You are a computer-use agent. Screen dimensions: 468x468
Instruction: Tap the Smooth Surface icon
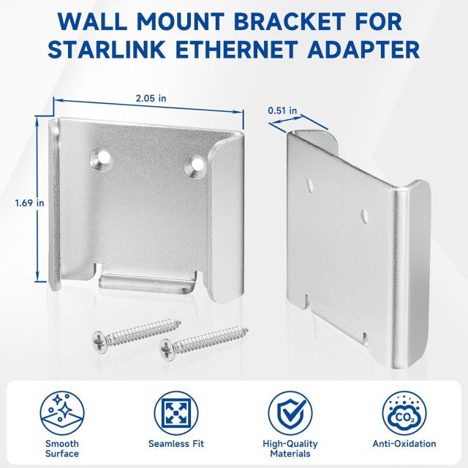pos(60,411)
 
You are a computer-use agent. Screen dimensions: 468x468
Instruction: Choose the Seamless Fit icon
pos(175,411)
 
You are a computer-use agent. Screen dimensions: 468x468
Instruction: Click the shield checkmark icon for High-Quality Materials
pos(291,411)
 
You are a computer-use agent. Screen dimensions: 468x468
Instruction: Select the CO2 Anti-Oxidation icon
pos(406,411)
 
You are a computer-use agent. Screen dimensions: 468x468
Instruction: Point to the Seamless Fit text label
pos(175,444)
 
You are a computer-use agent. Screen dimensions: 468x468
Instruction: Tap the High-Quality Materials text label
pos(291,448)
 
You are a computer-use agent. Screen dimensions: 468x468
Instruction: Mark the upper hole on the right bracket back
pos(312,181)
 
